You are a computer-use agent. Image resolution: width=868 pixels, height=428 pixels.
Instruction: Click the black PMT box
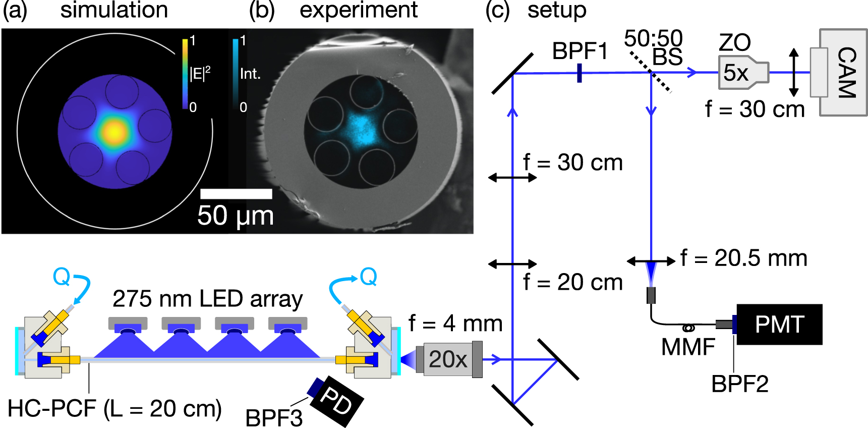[x=779, y=325]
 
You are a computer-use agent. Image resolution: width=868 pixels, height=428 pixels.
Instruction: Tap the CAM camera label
[x=846, y=73]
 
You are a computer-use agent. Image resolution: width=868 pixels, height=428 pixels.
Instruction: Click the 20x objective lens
[x=448, y=359]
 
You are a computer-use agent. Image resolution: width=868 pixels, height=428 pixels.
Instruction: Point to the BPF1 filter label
[x=580, y=51]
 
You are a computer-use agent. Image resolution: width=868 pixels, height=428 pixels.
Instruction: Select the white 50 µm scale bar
[x=236, y=194]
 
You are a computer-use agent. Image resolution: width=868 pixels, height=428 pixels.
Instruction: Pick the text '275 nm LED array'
[x=207, y=299]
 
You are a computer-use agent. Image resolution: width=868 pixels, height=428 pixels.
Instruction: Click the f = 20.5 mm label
[x=743, y=258]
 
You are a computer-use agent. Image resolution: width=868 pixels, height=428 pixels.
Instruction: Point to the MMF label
[x=688, y=347]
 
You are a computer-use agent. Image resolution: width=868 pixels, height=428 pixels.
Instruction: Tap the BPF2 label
[x=739, y=385]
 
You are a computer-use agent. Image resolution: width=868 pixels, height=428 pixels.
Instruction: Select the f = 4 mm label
[x=455, y=324]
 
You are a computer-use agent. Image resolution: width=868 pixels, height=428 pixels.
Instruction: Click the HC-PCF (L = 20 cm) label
[x=114, y=408]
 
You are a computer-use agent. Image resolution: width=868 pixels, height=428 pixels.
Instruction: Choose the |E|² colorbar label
[x=200, y=74]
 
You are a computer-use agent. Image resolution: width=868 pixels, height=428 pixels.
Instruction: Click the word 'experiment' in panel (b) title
[x=358, y=10]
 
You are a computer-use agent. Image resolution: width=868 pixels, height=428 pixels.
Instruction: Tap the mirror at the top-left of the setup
[x=512, y=74]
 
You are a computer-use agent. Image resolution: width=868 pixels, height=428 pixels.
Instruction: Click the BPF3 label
[x=274, y=418]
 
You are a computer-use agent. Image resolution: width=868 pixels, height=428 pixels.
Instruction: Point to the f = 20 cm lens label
[x=572, y=282]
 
